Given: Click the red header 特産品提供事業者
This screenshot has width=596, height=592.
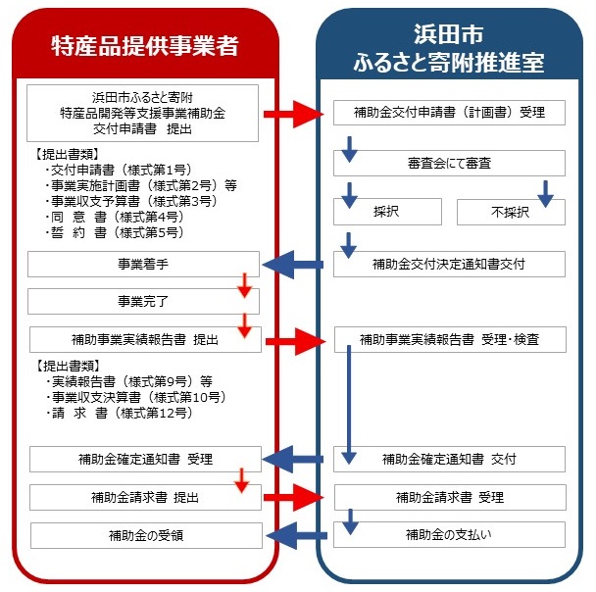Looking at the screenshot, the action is (x=145, y=46).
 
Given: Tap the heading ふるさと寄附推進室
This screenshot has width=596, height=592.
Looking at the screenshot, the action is (x=449, y=63).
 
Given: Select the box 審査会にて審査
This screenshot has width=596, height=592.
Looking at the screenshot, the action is (x=449, y=164).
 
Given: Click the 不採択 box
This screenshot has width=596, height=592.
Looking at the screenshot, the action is (x=511, y=212).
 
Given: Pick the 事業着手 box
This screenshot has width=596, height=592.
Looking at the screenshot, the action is (x=143, y=264).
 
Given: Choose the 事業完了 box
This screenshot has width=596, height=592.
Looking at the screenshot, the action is (x=143, y=301).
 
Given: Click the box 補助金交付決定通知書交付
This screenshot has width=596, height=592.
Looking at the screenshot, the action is (x=449, y=264).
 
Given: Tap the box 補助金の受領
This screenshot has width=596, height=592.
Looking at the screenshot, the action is (x=146, y=536).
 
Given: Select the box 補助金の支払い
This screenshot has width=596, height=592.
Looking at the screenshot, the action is (x=449, y=534).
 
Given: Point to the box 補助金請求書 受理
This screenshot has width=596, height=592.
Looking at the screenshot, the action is (x=450, y=497).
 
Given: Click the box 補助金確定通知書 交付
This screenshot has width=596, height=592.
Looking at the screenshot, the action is (x=449, y=459).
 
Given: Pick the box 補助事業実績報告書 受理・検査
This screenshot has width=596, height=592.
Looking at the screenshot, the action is (x=450, y=339).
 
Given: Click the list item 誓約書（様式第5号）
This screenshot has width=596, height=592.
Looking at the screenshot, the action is (x=115, y=232).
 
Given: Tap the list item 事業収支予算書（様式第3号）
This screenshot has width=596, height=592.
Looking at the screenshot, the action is (x=131, y=201).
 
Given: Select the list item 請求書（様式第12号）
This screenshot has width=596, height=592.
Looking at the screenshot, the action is (x=120, y=413).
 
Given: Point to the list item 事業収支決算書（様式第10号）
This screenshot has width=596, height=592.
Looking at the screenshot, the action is (x=136, y=397).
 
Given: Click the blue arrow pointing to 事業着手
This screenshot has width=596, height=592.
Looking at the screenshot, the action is (x=293, y=265).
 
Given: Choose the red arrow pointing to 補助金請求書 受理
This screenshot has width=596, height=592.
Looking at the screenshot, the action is (x=294, y=497).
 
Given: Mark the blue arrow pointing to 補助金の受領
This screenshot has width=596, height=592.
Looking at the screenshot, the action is (x=296, y=536).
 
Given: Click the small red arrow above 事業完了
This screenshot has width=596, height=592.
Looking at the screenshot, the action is (x=245, y=285).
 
